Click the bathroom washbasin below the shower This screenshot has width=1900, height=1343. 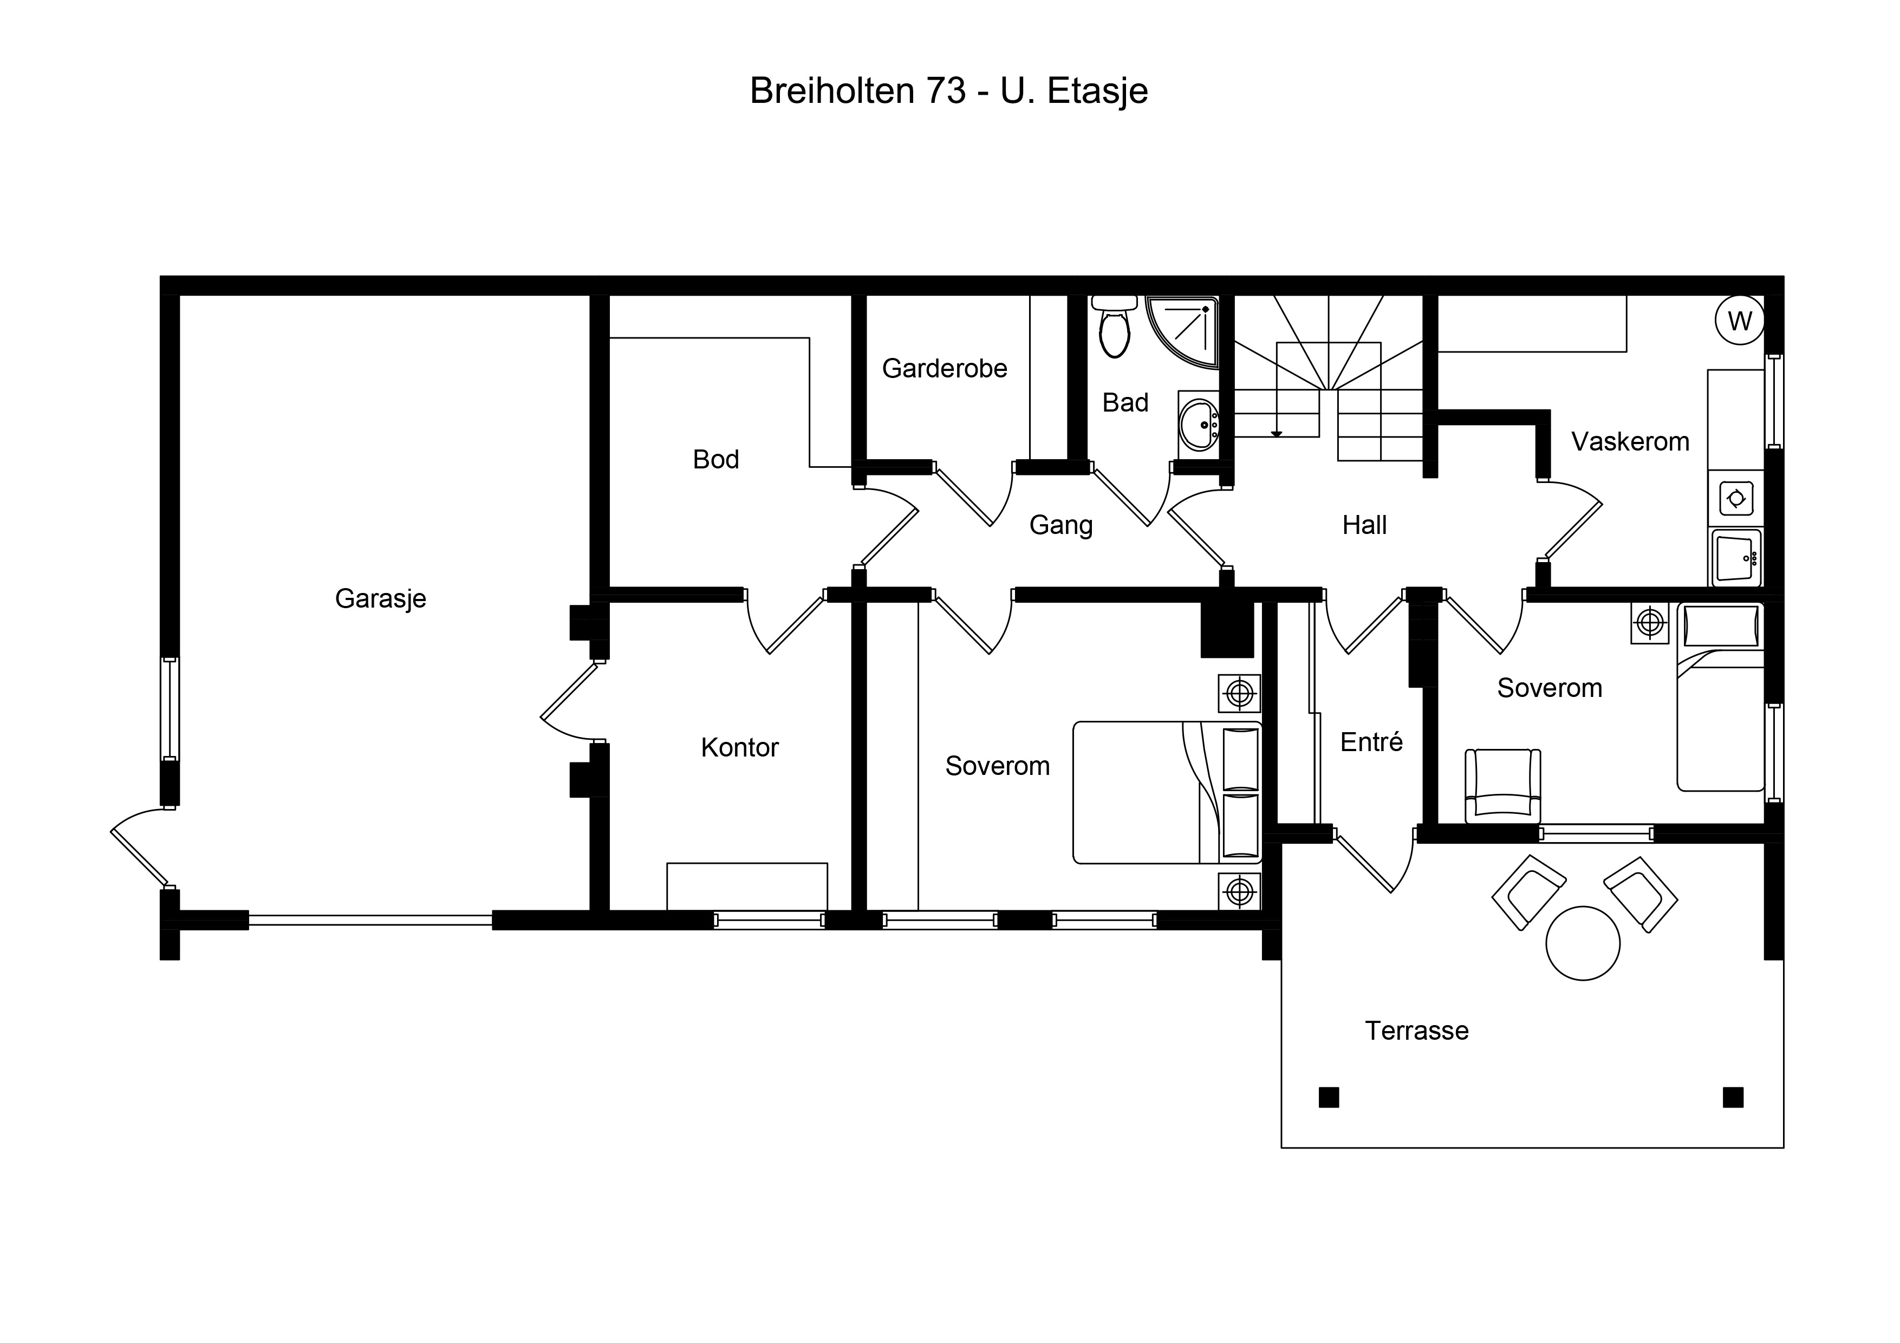pyautogui.click(x=1198, y=425)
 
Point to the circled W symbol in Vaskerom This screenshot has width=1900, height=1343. pyautogui.click(x=1740, y=320)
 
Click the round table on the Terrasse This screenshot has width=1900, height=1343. pyautogui.click(x=1582, y=943)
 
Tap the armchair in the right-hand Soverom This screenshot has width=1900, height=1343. pyautogui.click(x=1503, y=786)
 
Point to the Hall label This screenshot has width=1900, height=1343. pyautogui.click(x=1364, y=525)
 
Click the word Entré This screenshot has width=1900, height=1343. pyautogui.click(x=1371, y=742)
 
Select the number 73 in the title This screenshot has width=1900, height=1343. pyautogui.click(x=946, y=91)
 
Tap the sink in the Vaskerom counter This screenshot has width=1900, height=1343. pyautogui.click(x=1736, y=558)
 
